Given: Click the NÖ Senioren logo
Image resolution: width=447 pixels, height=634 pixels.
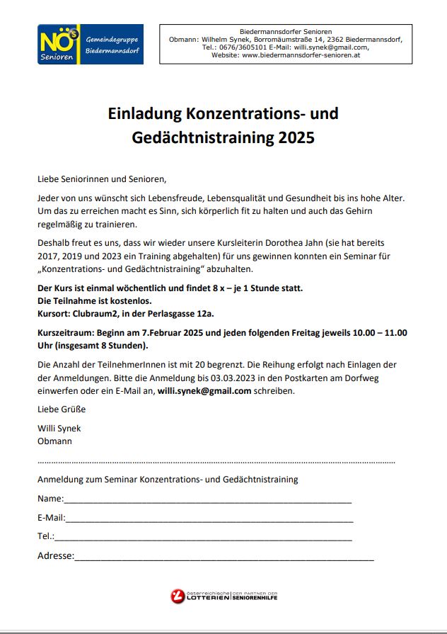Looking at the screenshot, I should click(90, 45).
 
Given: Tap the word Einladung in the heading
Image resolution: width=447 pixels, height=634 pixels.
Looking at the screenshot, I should click(144, 113).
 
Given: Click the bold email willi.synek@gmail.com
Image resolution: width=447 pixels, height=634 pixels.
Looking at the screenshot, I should click(204, 390).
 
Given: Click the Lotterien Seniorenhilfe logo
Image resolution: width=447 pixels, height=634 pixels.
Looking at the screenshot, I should click(223, 596).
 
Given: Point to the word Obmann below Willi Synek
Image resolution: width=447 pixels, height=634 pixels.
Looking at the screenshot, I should click(54, 441).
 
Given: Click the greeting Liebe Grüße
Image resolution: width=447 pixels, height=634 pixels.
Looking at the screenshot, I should click(62, 409).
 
